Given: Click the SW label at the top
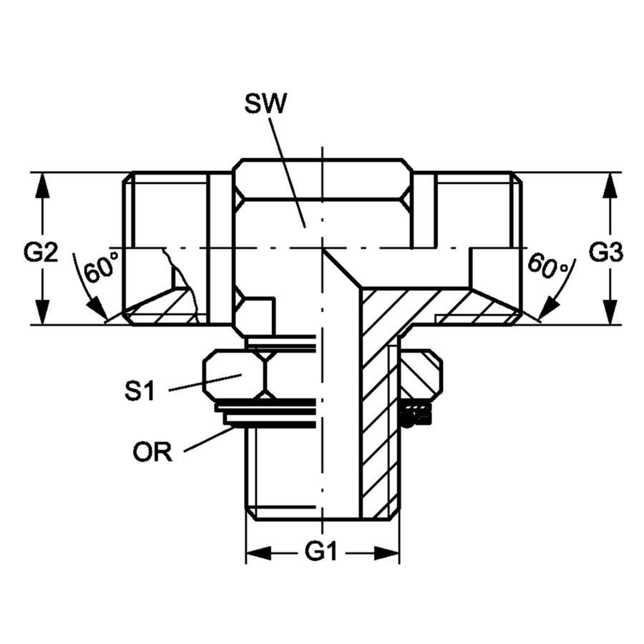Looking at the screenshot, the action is (265, 104).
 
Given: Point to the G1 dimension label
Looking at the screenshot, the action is (321, 552).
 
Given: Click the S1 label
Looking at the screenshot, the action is (140, 390).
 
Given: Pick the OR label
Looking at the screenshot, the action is (152, 452).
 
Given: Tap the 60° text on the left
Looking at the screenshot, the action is (101, 267).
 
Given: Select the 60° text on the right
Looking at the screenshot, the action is (547, 265).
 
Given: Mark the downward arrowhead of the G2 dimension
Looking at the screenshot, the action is (42, 311).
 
